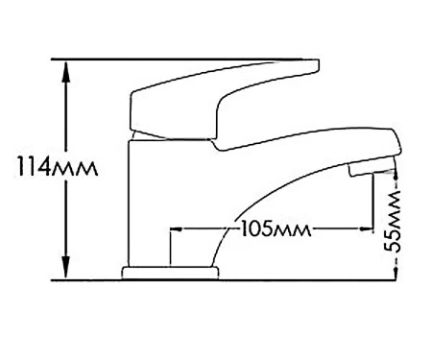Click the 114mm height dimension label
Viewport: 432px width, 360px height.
(x=58, y=166)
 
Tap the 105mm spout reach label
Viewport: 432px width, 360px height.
(x=276, y=229)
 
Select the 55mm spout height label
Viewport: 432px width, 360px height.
(x=393, y=221)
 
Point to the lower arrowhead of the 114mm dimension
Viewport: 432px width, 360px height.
(x=66, y=266)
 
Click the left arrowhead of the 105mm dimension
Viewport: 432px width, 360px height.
(x=177, y=229)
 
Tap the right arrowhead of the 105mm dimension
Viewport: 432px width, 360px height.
(x=367, y=228)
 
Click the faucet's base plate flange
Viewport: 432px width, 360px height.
(x=170, y=273)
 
